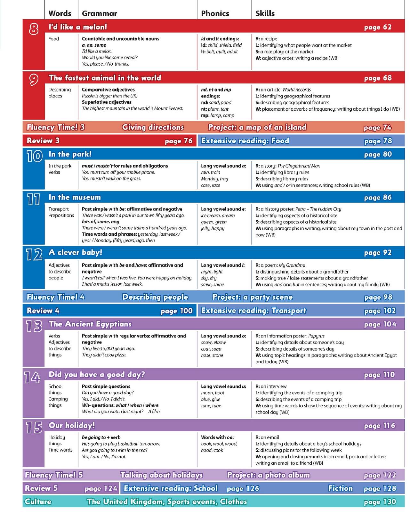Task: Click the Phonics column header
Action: [x=215, y=13]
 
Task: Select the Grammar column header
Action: [x=99, y=13]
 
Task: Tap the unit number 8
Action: [x=34, y=29]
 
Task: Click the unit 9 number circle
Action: [x=34, y=80]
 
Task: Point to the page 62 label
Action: [x=378, y=27]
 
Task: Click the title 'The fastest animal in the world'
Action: [x=105, y=78]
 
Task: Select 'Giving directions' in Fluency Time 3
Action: [x=153, y=127]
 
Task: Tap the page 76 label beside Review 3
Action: [x=178, y=141]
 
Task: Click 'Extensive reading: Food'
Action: [x=245, y=141]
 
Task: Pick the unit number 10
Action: [x=34, y=156]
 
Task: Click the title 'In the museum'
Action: [x=75, y=197]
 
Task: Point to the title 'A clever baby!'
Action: [x=75, y=252]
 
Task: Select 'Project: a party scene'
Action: [x=252, y=297]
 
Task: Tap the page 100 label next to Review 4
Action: [x=176, y=311]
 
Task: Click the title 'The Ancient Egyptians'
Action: [x=90, y=324]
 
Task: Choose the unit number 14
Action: [x=33, y=377]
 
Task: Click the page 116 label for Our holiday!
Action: [x=379, y=426]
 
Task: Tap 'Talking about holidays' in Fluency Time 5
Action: [x=161, y=475]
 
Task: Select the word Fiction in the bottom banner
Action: [x=340, y=488]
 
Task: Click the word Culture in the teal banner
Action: [x=38, y=501]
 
